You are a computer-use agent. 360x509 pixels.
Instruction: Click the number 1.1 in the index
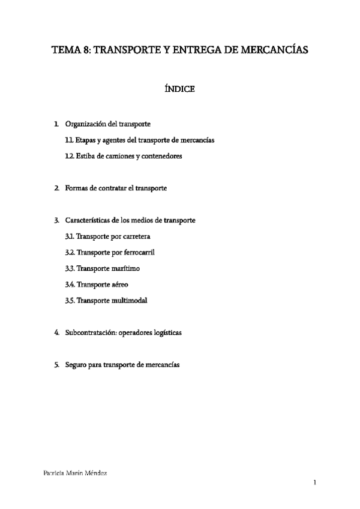pos(69,140)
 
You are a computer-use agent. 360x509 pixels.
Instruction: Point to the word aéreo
pos(119,284)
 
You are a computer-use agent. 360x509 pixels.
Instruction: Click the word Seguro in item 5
pos(76,364)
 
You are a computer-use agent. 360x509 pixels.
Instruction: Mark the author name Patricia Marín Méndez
pos(76,473)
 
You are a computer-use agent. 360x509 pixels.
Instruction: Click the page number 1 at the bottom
pos(314,482)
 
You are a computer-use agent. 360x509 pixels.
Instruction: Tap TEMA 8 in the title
pos(70,50)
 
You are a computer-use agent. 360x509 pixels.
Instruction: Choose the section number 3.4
pos(69,284)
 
